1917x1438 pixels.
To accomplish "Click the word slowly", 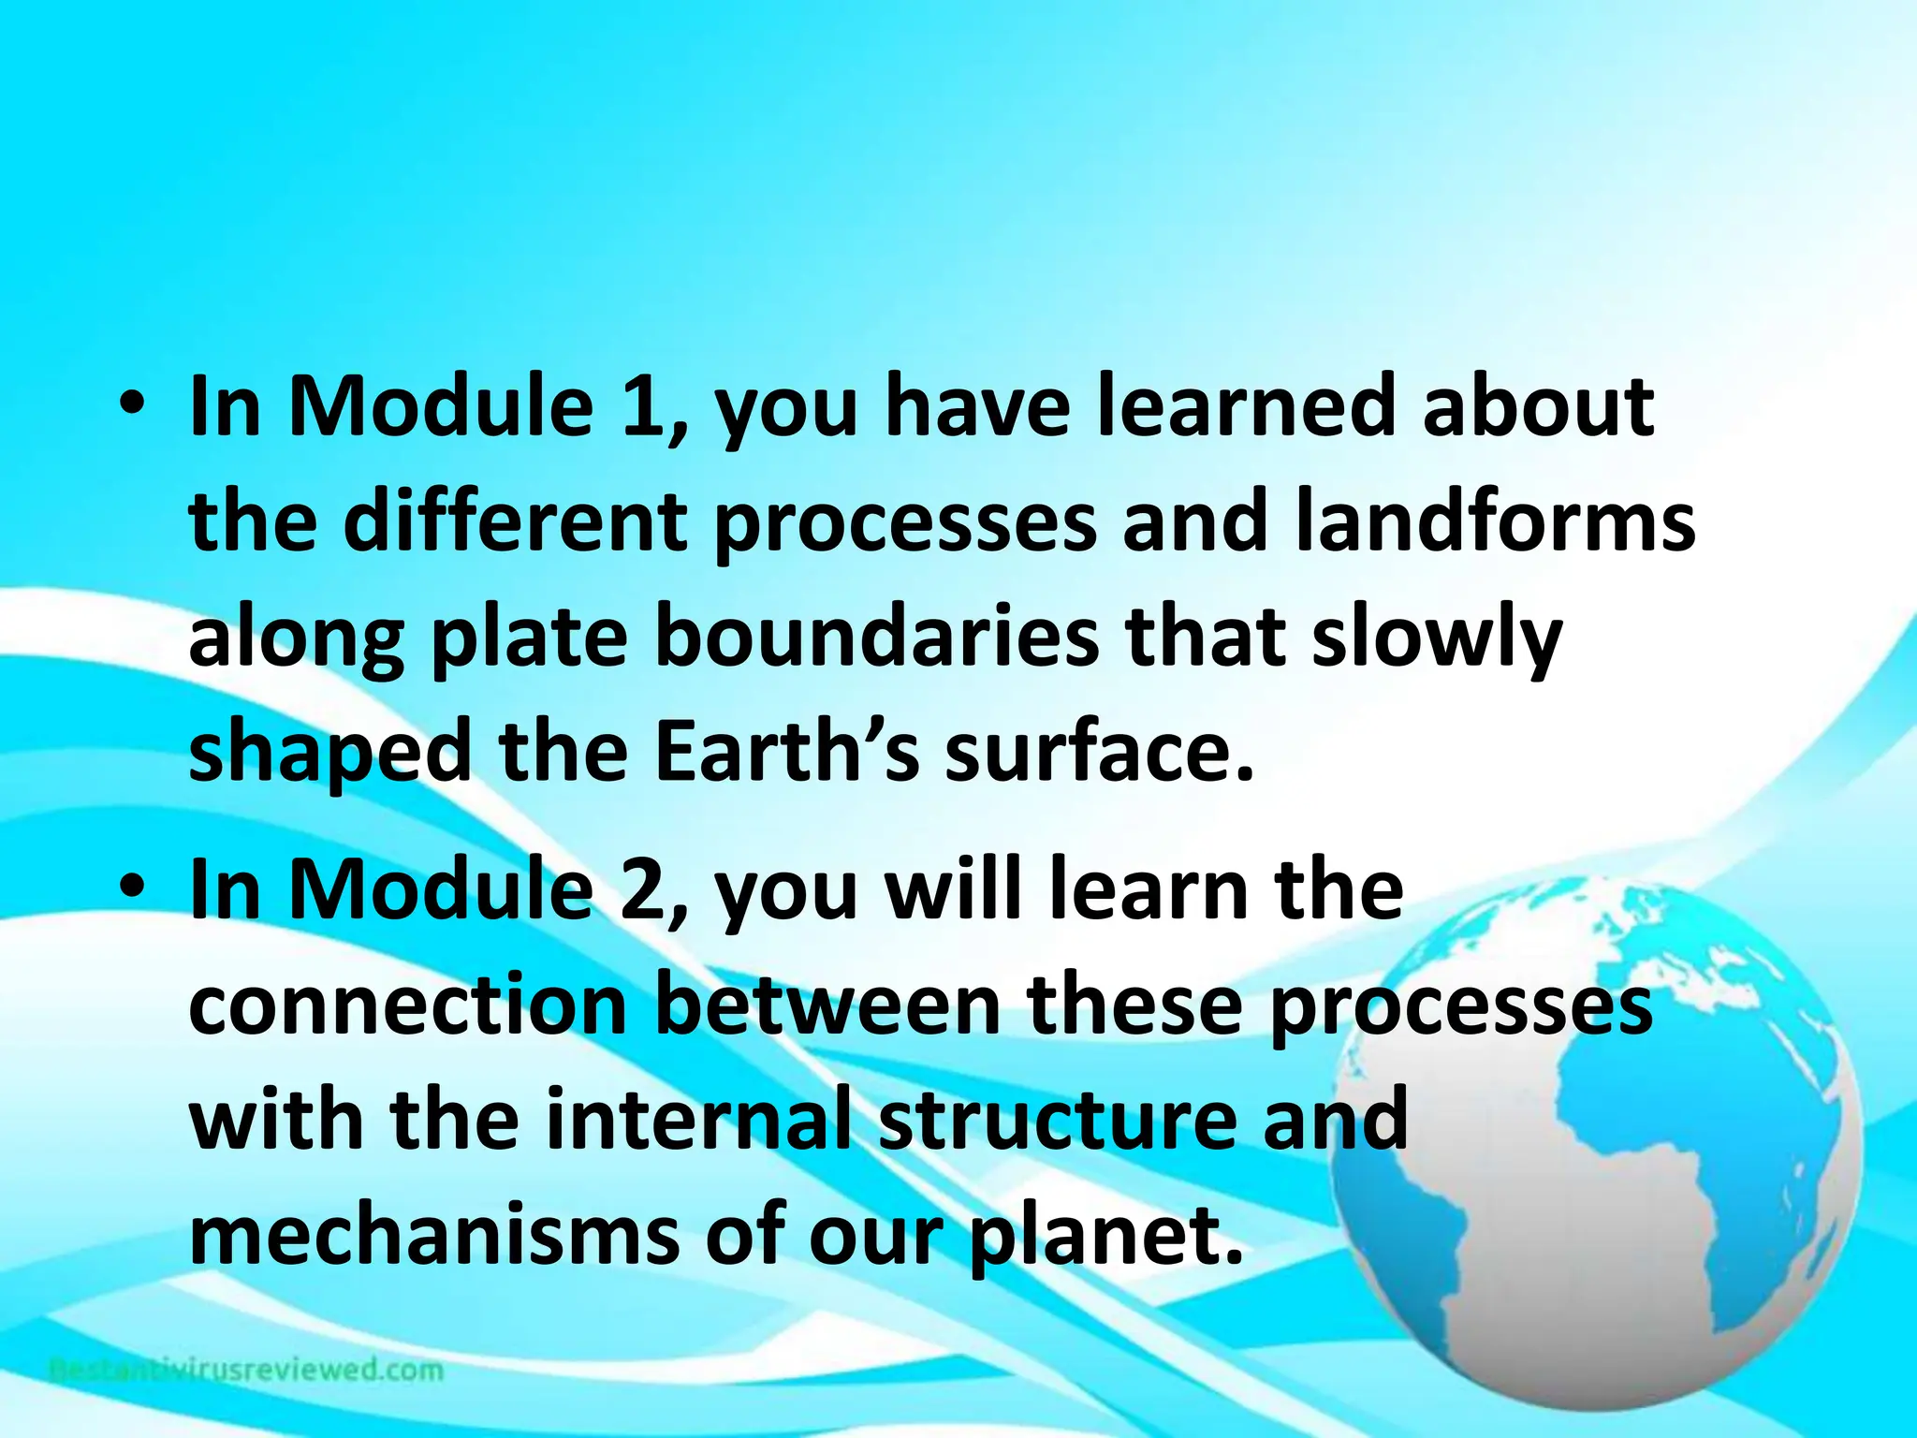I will point(1437,641).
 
